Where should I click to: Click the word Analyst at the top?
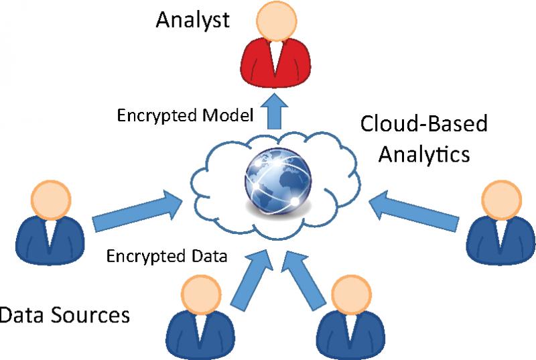192,21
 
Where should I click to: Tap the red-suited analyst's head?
277,21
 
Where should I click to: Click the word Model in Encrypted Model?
228,115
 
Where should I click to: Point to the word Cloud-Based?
424,123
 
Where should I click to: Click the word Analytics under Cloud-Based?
424,155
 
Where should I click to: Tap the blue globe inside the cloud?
278,181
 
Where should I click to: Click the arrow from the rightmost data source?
413,211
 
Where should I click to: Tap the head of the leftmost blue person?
51,200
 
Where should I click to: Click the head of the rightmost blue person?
501,200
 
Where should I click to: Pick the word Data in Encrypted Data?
209,256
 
